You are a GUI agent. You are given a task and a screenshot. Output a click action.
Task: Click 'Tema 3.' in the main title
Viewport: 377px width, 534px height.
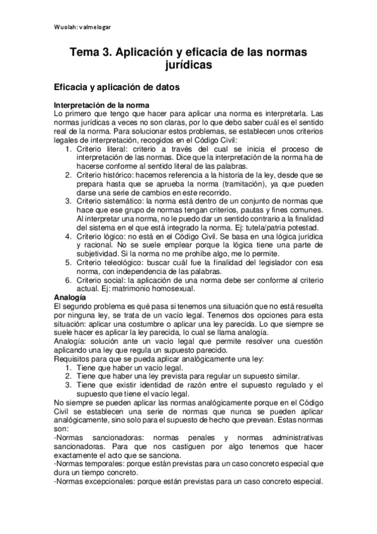pos(90,54)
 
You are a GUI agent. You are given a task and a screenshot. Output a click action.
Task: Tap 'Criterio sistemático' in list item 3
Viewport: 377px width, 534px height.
pos(110,200)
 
